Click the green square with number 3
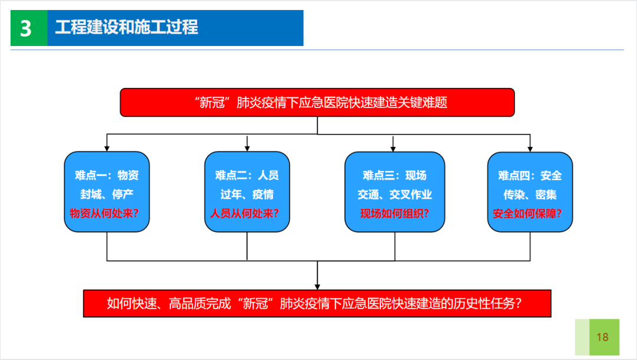click(27, 28)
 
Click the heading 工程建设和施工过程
click(127, 27)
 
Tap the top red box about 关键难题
click(317, 103)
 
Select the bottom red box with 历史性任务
click(317, 303)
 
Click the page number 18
click(602, 338)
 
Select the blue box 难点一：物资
click(107, 175)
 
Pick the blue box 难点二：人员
click(247, 175)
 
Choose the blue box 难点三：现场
click(394, 175)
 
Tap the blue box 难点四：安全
click(530, 175)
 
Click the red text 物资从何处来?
click(107, 213)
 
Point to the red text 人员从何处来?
click(247, 213)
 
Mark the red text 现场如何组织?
click(394, 213)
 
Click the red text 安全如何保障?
click(530, 213)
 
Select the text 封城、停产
click(107, 195)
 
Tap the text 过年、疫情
click(247, 195)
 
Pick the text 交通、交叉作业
click(394, 195)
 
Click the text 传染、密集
click(530, 195)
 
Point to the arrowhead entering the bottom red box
click(317, 286)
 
